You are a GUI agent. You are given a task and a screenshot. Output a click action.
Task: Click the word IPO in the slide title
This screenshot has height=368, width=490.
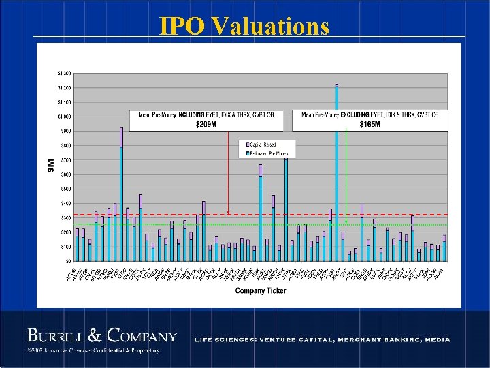[x=183, y=26]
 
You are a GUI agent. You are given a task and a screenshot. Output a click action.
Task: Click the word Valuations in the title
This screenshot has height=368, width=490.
[x=270, y=26]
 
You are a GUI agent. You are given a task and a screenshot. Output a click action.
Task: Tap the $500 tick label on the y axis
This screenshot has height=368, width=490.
[x=65, y=189]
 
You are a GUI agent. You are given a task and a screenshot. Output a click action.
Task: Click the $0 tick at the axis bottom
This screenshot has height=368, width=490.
[x=67, y=261]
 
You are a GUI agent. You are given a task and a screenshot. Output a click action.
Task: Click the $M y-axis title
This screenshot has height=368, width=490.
[x=51, y=165]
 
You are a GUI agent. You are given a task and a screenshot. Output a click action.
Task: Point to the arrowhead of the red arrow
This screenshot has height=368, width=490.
[x=229, y=212]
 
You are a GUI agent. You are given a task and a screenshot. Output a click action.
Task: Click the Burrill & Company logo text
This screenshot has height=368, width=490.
[x=102, y=336]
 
